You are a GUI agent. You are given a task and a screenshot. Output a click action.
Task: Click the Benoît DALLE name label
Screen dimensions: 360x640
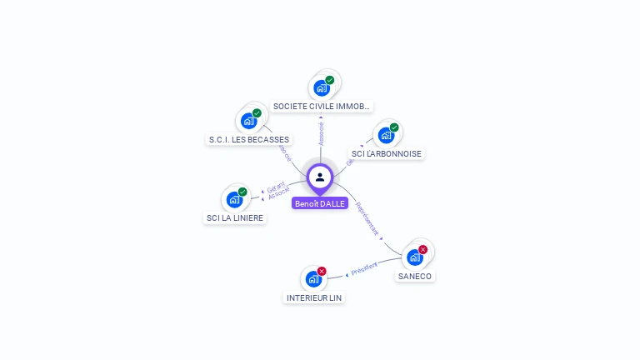pos(320,203)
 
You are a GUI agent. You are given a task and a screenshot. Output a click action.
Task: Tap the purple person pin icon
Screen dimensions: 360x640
pos(320,177)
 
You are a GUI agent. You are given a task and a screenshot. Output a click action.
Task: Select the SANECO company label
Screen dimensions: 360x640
pos(415,276)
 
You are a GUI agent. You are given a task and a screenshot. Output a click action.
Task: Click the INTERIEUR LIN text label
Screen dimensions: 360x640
pos(314,297)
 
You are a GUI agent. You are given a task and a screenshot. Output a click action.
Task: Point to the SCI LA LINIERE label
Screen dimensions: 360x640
pos(235,218)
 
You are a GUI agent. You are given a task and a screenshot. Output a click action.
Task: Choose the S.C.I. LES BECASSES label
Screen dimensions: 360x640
pos(249,139)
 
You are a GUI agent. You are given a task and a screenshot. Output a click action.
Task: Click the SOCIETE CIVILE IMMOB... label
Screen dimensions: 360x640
pos(322,107)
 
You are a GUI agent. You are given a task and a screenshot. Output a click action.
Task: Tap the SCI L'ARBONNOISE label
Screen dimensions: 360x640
pos(387,153)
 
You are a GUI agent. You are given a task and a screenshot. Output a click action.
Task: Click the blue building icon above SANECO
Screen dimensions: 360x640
pos(414,257)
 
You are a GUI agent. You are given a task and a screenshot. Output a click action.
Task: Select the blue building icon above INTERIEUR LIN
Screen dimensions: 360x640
pos(313,278)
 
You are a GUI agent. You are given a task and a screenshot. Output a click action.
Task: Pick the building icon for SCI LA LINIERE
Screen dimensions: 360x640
pos(235,199)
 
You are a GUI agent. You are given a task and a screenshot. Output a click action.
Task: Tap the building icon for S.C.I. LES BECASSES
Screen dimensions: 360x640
pos(248,121)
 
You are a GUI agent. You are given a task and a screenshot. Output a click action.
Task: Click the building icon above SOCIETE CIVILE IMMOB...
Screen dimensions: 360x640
pos(322,87)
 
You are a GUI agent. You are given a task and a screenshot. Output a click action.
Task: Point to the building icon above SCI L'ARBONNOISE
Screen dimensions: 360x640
pos(386,135)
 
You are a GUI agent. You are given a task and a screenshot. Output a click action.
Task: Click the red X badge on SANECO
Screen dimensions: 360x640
pos(422,249)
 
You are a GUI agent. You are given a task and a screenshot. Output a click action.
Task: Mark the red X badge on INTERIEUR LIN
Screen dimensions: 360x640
pos(322,271)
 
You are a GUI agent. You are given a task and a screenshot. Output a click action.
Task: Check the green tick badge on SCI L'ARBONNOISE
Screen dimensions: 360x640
pos(394,127)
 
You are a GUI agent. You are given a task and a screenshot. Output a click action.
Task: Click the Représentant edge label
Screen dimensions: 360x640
pos(367,218)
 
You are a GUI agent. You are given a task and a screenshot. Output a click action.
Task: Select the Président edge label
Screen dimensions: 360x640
pos(364,268)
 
